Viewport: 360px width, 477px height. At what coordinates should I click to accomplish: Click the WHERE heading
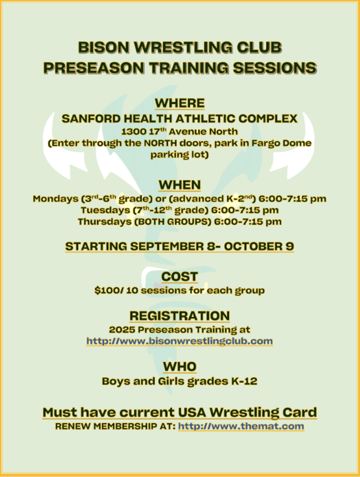[x=180, y=103]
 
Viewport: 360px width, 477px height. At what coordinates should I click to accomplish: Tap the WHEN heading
[x=180, y=185]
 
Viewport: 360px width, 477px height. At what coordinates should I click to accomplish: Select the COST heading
[x=180, y=277]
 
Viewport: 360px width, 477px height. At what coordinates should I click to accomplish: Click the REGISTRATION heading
[x=180, y=316]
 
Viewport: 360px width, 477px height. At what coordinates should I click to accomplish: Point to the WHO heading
[x=180, y=367]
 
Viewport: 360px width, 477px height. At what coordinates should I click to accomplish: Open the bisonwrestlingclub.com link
[x=180, y=341]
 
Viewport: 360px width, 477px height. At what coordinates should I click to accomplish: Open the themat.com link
[x=241, y=426]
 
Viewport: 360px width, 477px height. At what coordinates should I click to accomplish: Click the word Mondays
[x=55, y=199]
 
